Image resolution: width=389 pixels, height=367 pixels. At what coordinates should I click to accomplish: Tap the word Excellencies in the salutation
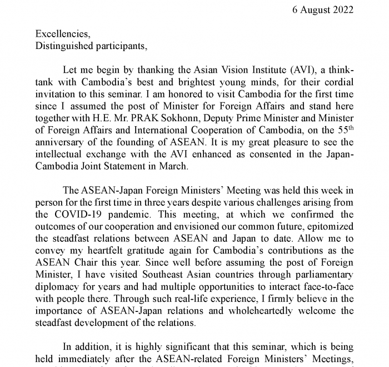pos(61,34)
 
